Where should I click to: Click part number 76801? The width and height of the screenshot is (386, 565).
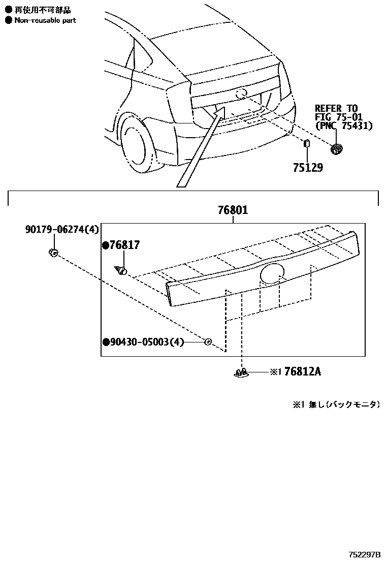(233, 209)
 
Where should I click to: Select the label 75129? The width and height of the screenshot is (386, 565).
(307, 167)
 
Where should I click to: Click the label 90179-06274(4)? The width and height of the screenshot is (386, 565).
(61, 230)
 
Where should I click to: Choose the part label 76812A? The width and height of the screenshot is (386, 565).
(303, 372)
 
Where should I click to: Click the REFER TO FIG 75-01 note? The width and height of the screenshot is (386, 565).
(343, 117)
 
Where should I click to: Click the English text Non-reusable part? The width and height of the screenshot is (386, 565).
(45, 20)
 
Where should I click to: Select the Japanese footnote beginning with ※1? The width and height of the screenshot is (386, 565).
(335, 404)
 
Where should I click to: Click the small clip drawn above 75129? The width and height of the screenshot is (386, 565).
(306, 143)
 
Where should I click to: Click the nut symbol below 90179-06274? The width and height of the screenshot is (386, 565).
(53, 252)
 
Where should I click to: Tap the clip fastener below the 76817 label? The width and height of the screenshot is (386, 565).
(121, 270)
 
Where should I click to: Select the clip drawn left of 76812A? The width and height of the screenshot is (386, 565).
(241, 373)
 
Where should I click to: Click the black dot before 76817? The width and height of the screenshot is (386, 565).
(106, 245)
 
